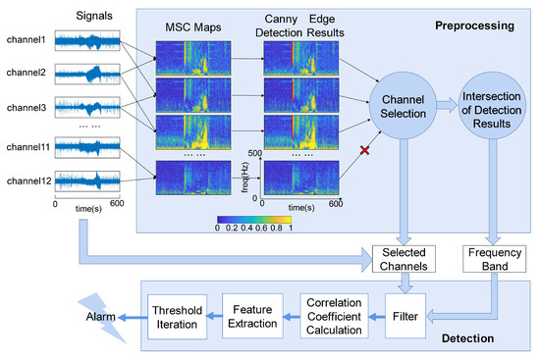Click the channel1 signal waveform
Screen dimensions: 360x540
[87, 41]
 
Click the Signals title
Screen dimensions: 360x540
[87, 16]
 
